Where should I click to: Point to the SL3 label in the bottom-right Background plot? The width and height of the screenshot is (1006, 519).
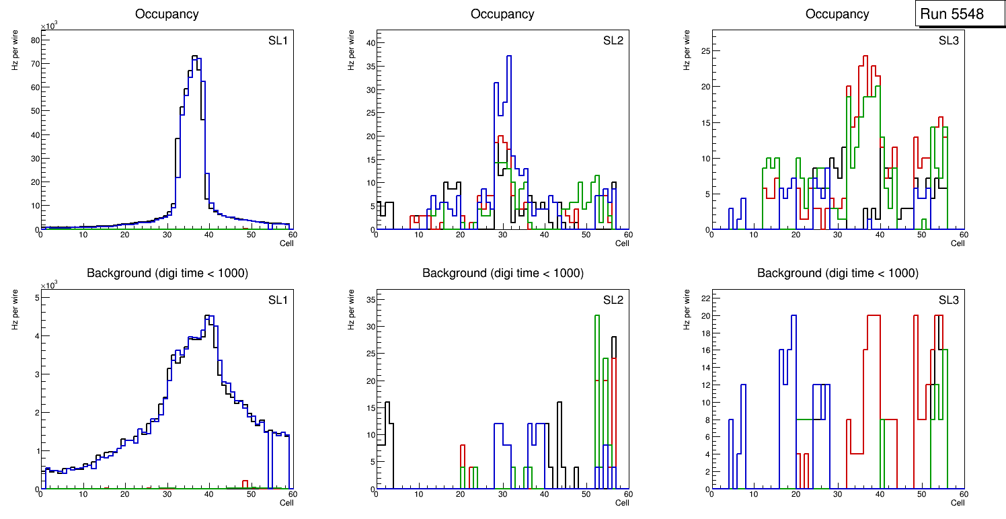[x=948, y=299]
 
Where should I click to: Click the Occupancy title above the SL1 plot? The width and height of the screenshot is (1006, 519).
[x=167, y=13]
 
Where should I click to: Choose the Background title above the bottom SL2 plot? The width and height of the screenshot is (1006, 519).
[x=502, y=273]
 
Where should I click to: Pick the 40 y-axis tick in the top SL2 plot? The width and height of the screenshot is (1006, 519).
[x=369, y=42]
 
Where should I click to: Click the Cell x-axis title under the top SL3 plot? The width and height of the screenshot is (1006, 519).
[x=958, y=243]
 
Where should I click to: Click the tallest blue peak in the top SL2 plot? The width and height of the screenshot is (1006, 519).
[x=509, y=56]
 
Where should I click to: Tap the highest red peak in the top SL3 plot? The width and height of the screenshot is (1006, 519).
[x=866, y=56]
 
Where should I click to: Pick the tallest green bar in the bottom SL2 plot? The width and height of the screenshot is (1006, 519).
[x=596, y=316]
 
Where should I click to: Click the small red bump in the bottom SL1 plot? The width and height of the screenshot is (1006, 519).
[x=245, y=481]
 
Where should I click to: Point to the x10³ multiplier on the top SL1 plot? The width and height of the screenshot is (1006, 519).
[x=48, y=26]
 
